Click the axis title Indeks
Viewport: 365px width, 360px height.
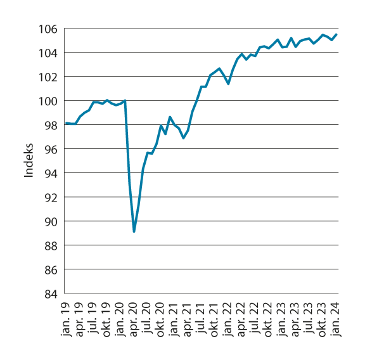click(29, 162)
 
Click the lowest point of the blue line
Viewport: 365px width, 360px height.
click(134, 232)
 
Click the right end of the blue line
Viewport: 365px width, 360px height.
click(336, 34)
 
